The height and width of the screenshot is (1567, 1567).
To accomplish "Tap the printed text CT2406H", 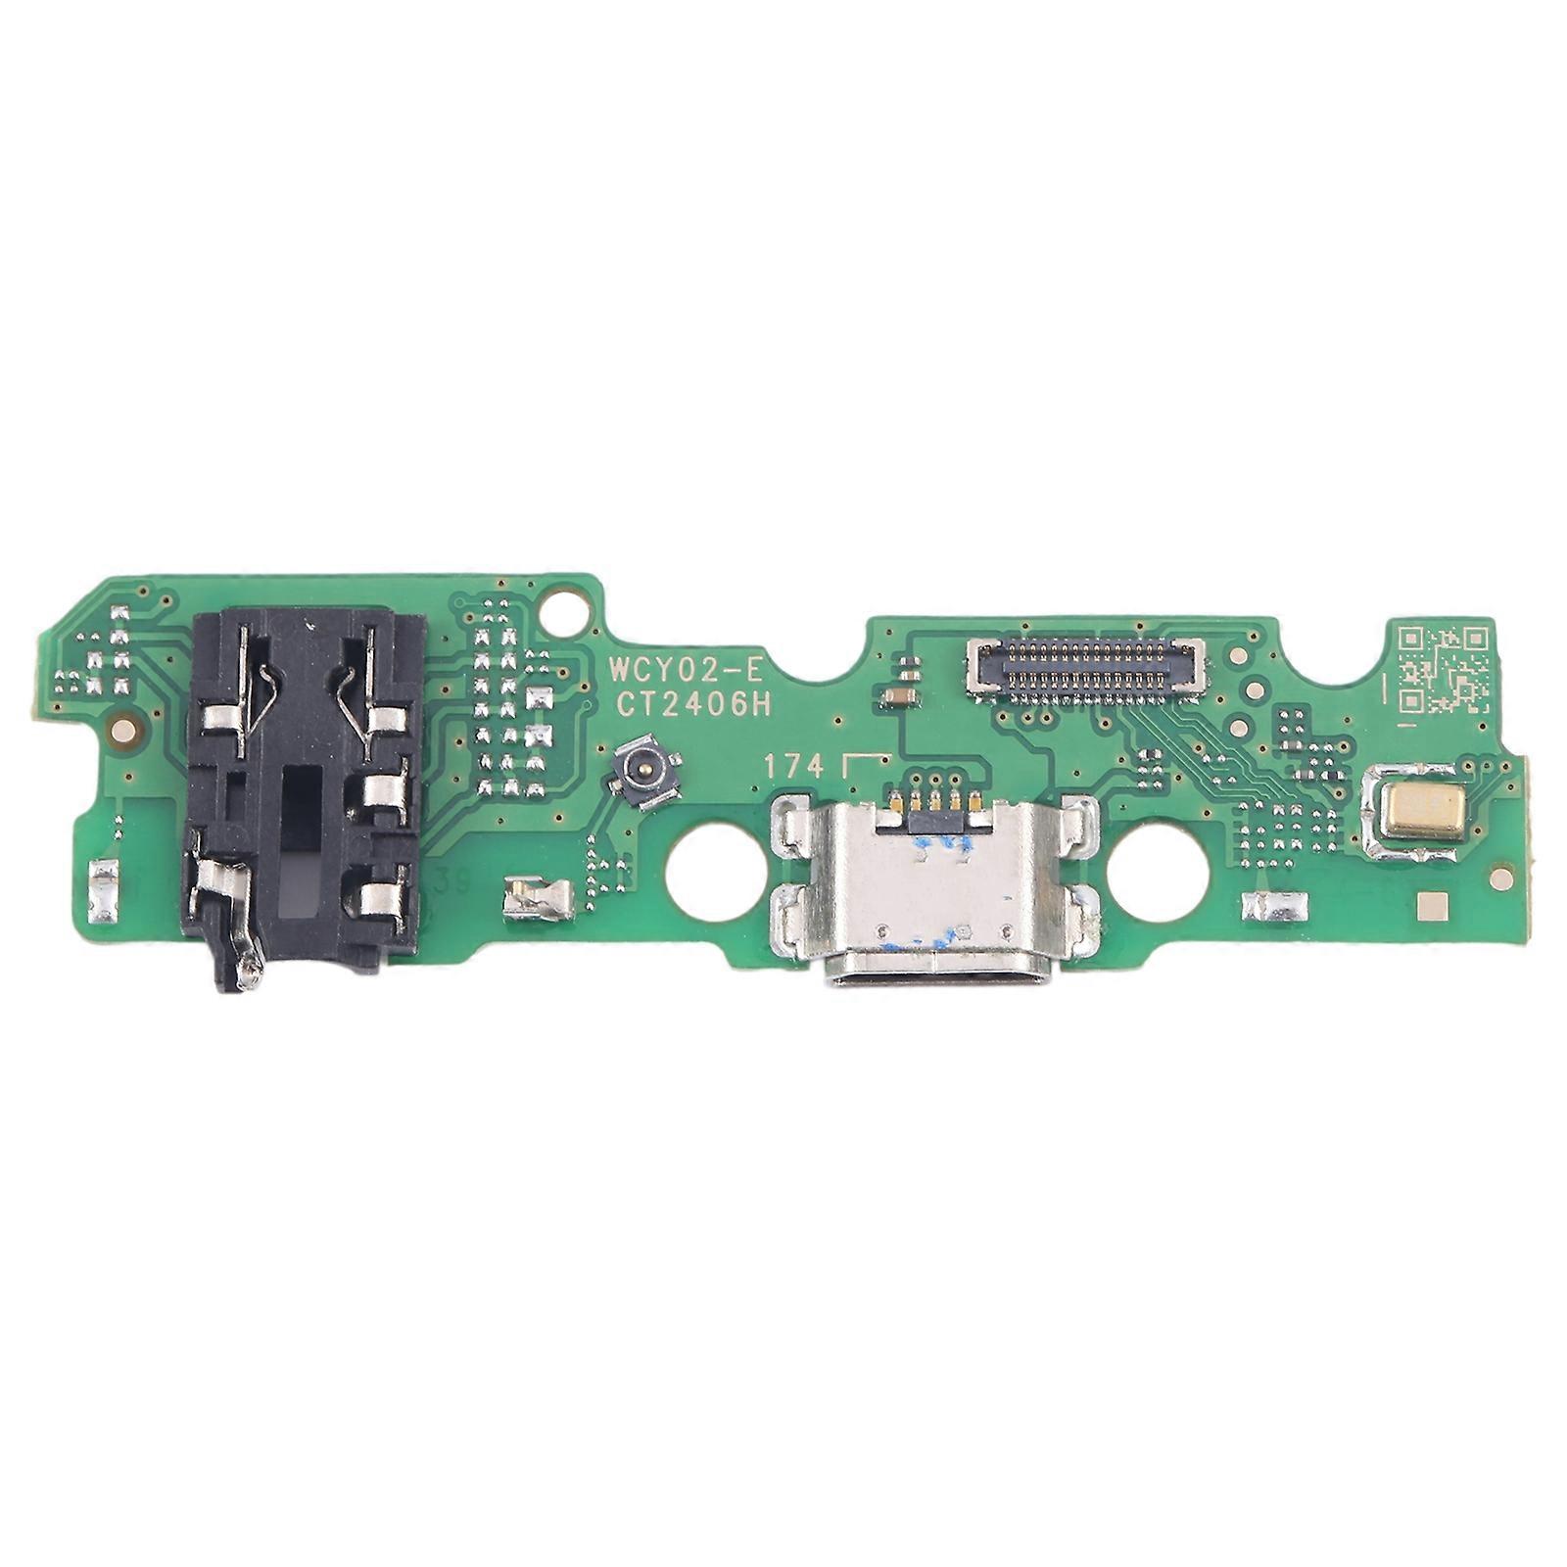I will coord(692,705).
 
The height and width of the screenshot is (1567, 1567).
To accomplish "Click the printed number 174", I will coord(794,768).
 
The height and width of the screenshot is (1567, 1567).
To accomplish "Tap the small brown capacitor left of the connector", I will coord(897,696).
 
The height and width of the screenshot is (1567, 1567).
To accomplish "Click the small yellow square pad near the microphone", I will coord(1432,910).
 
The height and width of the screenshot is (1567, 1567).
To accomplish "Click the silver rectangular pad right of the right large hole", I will coord(1273,907).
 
